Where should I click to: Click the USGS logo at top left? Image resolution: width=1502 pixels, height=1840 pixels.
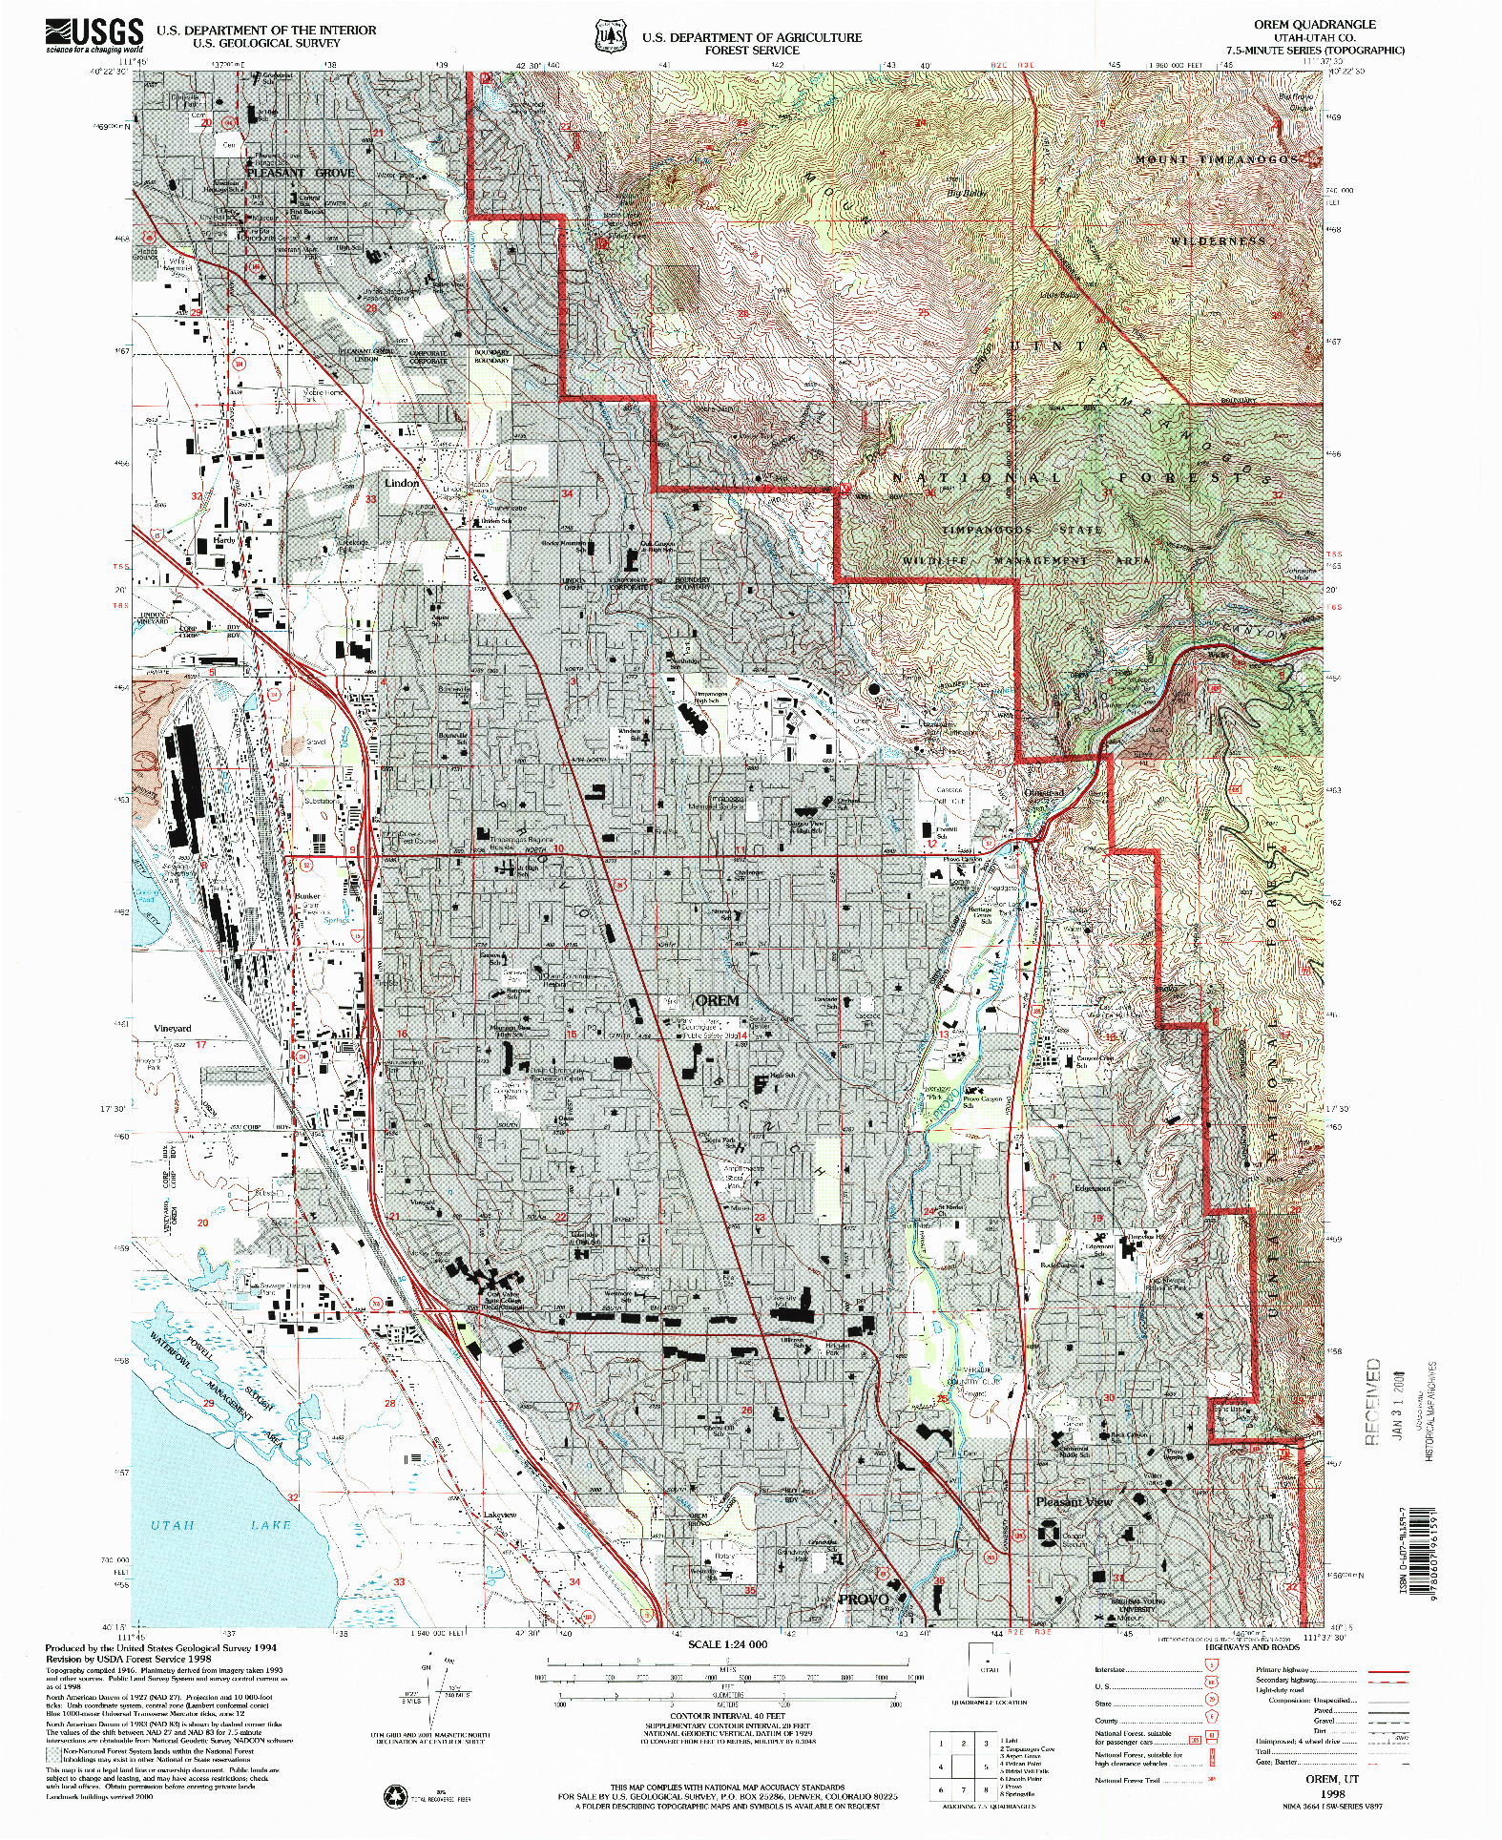(x=94, y=35)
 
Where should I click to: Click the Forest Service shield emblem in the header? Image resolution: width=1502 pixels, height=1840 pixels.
(x=610, y=35)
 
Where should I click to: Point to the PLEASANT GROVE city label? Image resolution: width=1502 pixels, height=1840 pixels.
(x=300, y=173)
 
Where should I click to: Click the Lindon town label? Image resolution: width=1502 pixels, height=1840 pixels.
(x=402, y=483)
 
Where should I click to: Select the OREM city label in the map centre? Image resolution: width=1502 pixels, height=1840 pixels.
(x=717, y=1000)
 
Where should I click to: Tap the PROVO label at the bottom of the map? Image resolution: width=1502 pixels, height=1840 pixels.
(x=863, y=1599)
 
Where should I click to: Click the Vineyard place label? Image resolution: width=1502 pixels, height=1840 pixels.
(x=173, y=1028)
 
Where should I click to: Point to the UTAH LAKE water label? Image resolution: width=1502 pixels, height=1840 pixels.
(x=220, y=1525)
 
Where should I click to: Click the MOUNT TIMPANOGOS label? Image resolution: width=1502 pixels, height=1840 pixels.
(x=1216, y=159)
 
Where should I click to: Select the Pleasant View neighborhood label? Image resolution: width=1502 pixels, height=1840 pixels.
(x=1074, y=1501)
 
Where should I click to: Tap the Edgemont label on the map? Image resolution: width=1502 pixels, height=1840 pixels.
(x=1092, y=1188)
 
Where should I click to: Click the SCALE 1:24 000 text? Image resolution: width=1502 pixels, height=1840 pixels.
(x=727, y=1644)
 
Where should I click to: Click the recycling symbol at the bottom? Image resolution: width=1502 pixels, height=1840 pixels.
(x=394, y=1796)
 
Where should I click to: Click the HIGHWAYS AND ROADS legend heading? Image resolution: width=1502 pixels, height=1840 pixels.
(x=1251, y=1646)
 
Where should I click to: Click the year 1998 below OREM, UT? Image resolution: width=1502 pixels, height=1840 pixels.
(x=1331, y=1794)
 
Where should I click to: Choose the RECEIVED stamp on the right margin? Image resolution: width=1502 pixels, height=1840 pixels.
(x=1372, y=1401)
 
